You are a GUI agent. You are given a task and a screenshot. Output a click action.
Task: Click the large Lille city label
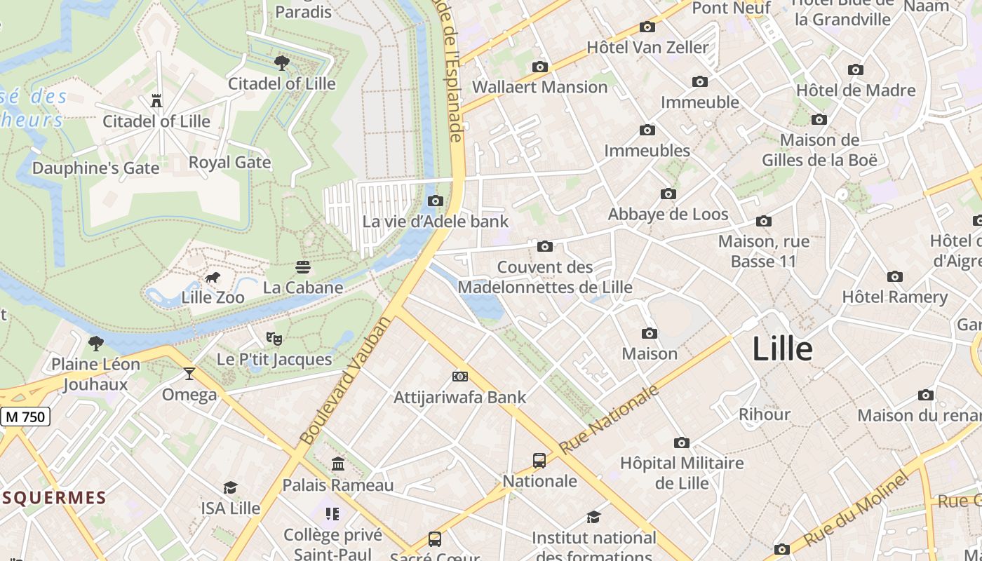[x=782, y=349]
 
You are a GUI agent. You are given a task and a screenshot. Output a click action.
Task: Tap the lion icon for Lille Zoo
[x=213, y=278]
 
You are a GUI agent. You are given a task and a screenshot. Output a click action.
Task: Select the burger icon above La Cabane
[x=303, y=267]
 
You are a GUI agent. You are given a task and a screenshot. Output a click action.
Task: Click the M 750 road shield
[x=25, y=417]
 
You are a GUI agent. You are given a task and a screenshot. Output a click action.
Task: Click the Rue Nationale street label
[x=610, y=419]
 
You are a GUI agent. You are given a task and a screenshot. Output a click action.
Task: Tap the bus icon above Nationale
[x=539, y=461]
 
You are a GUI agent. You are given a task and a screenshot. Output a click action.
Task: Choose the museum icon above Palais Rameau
[x=338, y=464]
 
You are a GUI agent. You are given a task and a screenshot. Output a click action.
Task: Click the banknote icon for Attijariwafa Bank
[x=459, y=377]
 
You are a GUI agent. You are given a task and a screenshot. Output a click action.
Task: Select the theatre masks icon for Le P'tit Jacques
[x=274, y=339]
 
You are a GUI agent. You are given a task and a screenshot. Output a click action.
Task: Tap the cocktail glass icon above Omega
[x=189, y=374]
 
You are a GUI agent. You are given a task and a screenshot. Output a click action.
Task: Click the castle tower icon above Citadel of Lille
[x=156, y=101]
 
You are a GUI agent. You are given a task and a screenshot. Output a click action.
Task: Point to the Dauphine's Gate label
[x=95, y=168]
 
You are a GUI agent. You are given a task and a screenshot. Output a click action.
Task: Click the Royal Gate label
[x=229, y=163]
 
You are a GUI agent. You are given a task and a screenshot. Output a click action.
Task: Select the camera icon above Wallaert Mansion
[x=539, y=67]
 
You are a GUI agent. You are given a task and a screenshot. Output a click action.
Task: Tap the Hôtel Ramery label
[x=894, y=297]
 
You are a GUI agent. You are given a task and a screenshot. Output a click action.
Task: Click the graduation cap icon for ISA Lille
[x=230, y=488]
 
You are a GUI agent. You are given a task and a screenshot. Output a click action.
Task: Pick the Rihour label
[x=764, y=414]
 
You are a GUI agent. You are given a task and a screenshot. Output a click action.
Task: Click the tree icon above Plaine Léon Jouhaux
[x=95, y=344]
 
